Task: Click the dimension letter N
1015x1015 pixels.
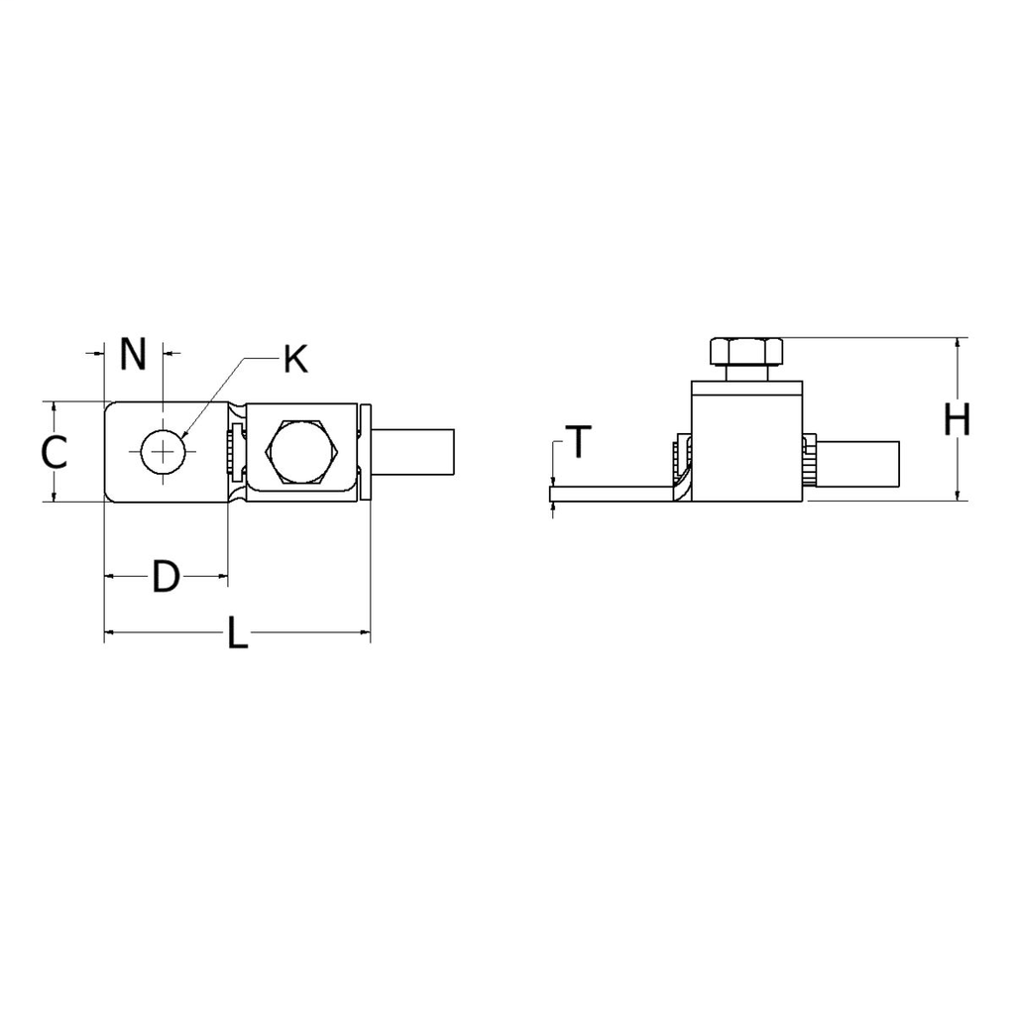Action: pos(133,354)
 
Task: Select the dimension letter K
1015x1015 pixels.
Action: pos(294,360)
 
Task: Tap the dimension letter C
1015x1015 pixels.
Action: pos(55,453)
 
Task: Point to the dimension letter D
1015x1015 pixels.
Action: pos(166,577)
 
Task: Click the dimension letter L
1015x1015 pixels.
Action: pos(237,634)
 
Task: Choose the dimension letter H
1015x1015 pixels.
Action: pos(957,421)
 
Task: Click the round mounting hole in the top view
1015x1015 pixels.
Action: pos(163,452)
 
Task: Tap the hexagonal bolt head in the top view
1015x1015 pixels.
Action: pos(302,452)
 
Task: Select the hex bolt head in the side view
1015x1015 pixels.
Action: pos(746,351)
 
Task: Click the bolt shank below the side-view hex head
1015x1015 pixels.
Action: pos(746,374)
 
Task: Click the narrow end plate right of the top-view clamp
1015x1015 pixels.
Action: pos(365,452)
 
